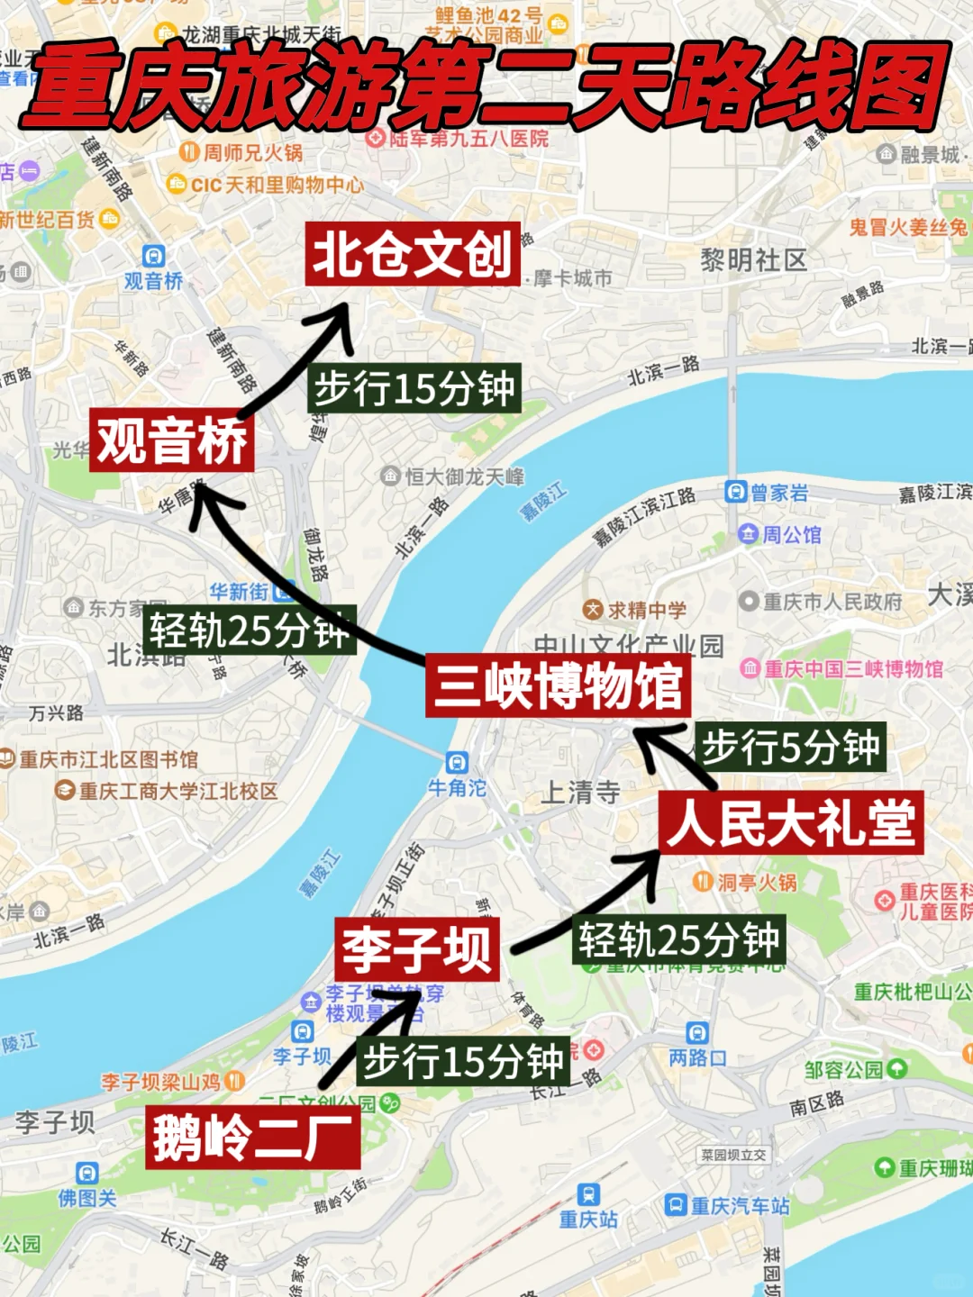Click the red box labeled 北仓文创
pos(413,254)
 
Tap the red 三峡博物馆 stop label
pos(558,685)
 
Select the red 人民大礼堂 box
pos(791,822)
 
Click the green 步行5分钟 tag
pos(790,747)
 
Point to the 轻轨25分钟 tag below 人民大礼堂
pos(678,940)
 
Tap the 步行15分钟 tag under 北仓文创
pos(414,389)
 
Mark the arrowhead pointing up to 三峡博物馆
pos(651,740)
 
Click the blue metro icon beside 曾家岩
pos(736,492)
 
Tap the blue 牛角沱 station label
pos(457,788)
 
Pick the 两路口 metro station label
pos(697,1057)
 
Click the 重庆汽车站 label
pos(739,1206)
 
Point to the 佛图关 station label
pos(87,1198)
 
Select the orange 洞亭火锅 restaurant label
pos(756,883)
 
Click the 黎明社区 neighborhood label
pos(753,260)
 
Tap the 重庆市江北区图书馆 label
pos(108,759)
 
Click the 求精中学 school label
pos(646,610)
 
